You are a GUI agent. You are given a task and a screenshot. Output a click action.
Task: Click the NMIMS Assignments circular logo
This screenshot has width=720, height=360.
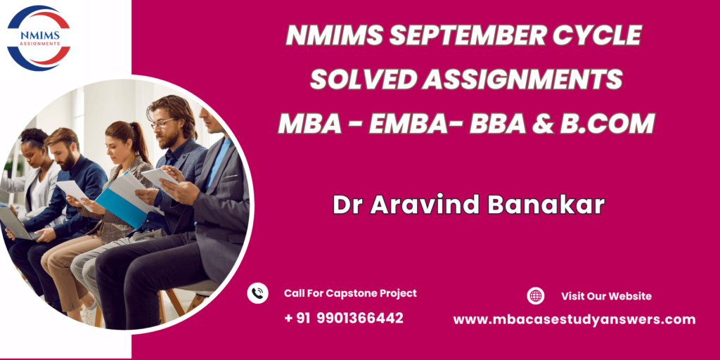click(39, 38)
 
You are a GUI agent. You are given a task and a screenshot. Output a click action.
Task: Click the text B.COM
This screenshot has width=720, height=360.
click(607, 123)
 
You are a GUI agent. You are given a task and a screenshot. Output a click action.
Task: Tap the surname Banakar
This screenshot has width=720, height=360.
click(546, 205)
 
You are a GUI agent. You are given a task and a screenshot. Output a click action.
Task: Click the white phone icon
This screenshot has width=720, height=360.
click(257, 293)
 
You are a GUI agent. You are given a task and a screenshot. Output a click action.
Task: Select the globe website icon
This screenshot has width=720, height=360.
click(535, 296)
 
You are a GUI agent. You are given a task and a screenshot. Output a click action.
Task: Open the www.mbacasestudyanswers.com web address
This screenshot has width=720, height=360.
click(574, 320)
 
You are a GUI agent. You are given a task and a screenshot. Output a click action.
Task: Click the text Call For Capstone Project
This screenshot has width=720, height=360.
click(350, 293)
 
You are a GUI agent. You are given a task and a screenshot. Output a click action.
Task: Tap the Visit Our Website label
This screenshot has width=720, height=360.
click(606, 296)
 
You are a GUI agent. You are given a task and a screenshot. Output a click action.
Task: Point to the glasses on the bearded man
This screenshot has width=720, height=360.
click(162, 123)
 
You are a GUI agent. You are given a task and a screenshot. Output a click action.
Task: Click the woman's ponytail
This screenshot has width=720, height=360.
click(141, 141)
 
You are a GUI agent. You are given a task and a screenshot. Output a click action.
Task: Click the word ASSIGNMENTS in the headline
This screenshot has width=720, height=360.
click(522, 79)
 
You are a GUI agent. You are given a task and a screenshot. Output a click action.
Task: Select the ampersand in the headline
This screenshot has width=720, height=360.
click(544, 123)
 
